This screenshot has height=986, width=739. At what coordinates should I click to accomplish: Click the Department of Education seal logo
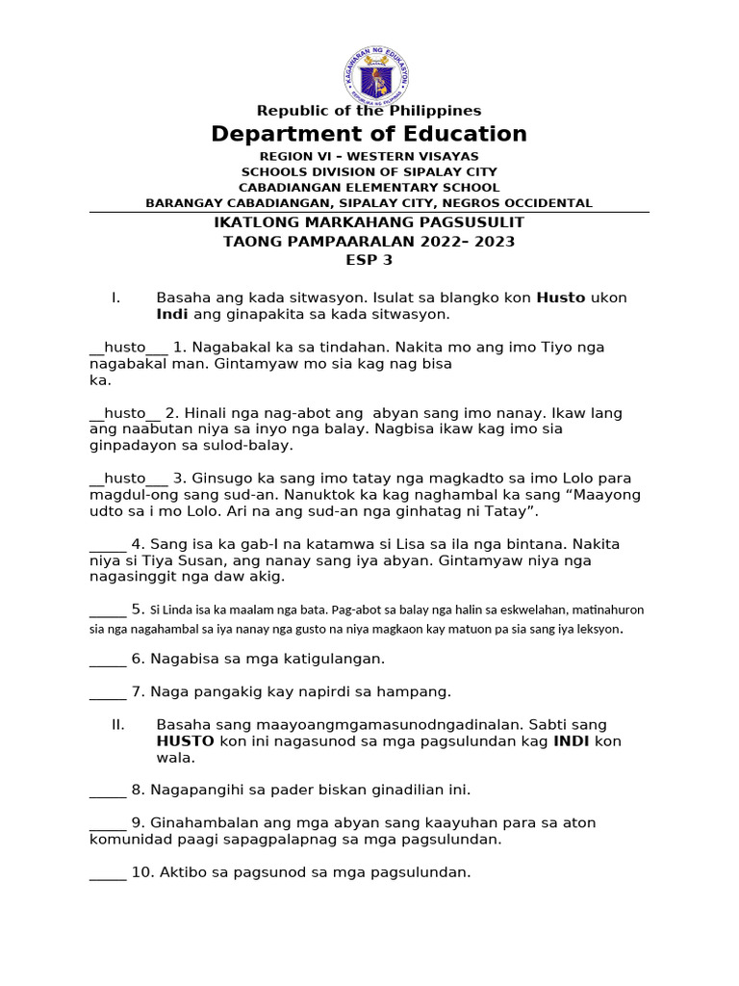(376, 74)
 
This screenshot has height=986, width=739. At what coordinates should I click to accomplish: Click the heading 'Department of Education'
(369, 134)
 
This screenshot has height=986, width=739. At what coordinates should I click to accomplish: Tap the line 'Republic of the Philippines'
(369, 111)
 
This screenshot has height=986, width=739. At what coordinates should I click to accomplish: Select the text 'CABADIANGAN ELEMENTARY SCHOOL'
(369, 187)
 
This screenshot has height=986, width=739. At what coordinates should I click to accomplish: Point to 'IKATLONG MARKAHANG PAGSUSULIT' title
(369, 222)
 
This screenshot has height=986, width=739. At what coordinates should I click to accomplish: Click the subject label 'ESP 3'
(369, 260)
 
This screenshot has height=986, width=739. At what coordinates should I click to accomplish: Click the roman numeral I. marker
(115, 298)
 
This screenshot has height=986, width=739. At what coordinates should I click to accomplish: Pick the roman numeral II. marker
(118, 724)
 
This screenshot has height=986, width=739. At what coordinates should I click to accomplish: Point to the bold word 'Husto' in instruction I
(560, 298)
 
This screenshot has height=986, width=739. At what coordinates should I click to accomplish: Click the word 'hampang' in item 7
(420, 691)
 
